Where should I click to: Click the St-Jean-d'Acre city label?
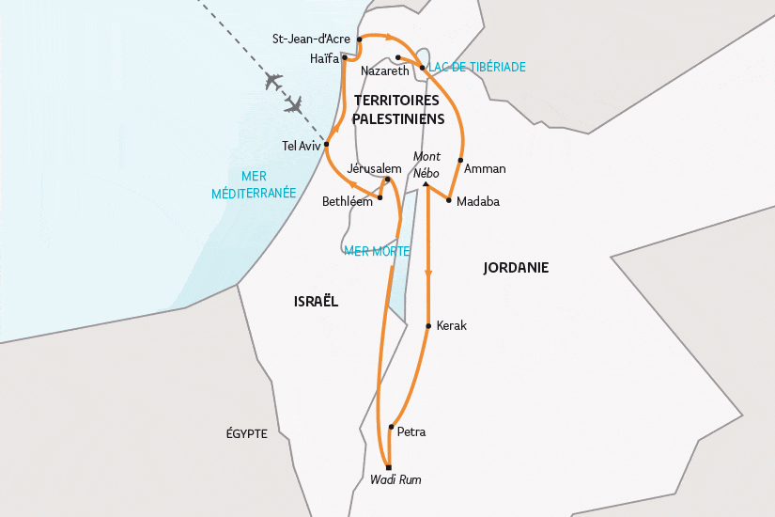310,39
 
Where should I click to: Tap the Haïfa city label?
323,58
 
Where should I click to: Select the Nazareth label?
385,71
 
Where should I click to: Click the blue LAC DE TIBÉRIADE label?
477,68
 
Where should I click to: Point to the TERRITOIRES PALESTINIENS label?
397,109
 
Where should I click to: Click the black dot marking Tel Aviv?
327,145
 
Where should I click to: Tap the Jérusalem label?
374,168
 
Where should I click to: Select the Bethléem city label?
347,201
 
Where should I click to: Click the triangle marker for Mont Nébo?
426,185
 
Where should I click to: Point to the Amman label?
485,169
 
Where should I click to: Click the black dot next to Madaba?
449,200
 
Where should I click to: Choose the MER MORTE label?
376,251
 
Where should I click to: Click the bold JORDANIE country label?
516,268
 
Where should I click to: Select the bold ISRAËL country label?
316,301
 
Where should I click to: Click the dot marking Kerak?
428,326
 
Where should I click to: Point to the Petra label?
411,433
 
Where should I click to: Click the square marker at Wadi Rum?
388,467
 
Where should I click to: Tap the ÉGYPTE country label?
247,434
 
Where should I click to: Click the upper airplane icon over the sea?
275,82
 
